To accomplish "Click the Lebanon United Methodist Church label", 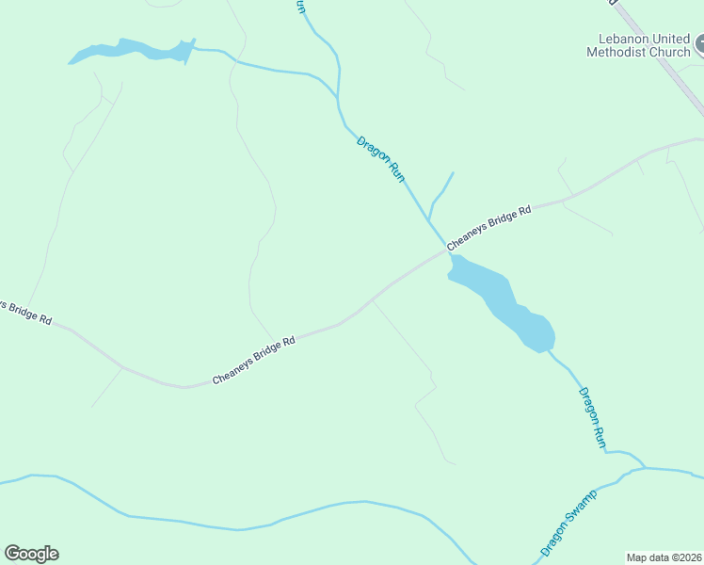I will (x=638, y=45).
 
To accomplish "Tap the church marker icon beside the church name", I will (x=700, y=43).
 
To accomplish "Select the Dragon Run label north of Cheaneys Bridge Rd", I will (x=381, y=158).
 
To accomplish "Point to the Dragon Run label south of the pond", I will (x=592, y=417).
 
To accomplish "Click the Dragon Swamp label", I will (x=568, y=522).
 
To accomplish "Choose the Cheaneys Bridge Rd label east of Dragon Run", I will (x=489, y=227).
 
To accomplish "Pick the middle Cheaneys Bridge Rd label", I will (x=254, y=360).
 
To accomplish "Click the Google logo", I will (x=31, y=554).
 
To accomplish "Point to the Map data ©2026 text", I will (x=664, y=557).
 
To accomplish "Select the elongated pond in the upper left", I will (x=132, y=51).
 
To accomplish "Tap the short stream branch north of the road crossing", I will (x=440, y=194).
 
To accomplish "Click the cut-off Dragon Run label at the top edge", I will (x=301, y=7).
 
